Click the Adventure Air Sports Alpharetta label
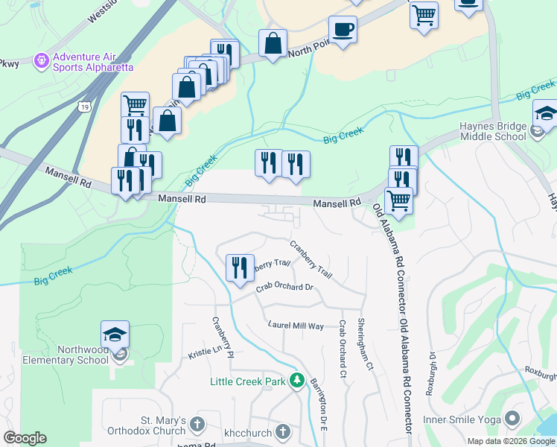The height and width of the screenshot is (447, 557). (x=93, y=60)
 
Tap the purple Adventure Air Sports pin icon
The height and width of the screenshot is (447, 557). (x=41, y=60)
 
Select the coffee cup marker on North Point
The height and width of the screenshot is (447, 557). (x=343, y=31)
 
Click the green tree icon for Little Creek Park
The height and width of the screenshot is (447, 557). (x=297, y=381)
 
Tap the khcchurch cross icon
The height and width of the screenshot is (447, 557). (x=282, y=431)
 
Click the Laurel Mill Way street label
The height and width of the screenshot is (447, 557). (x=296, y=326)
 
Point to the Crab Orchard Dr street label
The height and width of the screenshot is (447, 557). (x=284, y=287)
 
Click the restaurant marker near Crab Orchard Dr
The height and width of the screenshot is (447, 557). (x=240, y=267)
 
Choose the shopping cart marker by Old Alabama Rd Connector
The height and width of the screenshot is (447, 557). (x=399, y=200)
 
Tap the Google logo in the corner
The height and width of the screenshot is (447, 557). (x=25, y=438)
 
